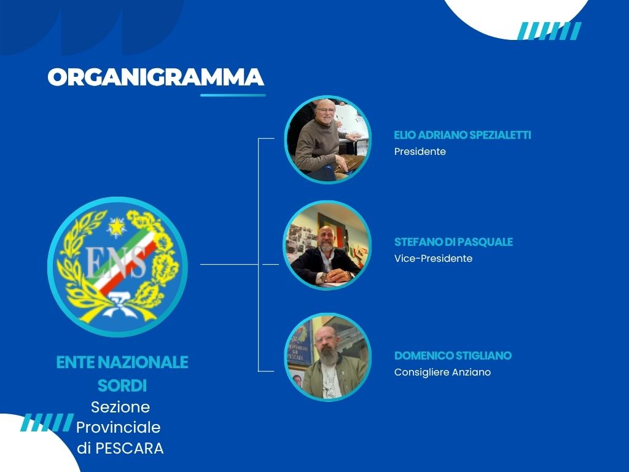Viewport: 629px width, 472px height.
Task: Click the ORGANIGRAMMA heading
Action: tap(156, 77)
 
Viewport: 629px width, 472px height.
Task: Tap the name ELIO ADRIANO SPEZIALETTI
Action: tap(462, 135)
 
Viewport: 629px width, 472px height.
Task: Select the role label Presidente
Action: tap(420, 151)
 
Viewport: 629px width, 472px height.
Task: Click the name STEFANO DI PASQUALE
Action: tap(453, 242)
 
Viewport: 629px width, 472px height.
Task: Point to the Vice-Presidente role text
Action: tap(433, 259)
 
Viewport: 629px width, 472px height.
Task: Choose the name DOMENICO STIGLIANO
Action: tap(452, 356)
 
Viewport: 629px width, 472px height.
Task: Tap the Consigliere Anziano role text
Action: tap(442, 372)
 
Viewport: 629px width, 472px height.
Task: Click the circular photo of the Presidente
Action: tap(327, 140)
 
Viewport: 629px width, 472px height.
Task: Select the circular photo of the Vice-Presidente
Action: tap(327, 245)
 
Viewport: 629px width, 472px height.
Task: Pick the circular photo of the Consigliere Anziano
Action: tap(327, 358)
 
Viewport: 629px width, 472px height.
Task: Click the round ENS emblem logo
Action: tap(117, 267)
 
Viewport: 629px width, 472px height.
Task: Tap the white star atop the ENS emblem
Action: tap(115, 227)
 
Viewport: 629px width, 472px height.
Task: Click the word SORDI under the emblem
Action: tap(122, 385)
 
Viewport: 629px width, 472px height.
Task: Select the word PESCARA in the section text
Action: tap(134, 449)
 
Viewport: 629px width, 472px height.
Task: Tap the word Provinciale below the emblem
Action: tap(118, 427)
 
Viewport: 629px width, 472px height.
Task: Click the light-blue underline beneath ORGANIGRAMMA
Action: tap(233, 95)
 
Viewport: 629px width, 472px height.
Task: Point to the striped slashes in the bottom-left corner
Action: tap(47, 422)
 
